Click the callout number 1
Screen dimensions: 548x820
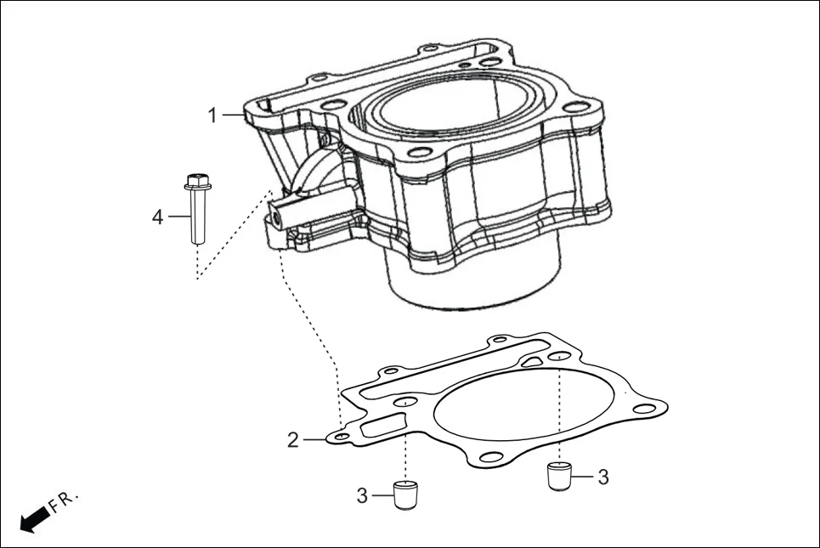(x=213, y=116)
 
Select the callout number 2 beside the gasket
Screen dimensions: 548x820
(x=292, y=440)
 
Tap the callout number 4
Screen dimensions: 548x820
(x=157, y=218)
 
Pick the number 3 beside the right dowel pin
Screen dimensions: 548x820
(x=602, y=477)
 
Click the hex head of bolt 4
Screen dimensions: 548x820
(x=196, y=181)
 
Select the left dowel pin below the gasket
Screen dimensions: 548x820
(x=407, y=493)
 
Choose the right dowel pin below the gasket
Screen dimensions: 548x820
(x=557, y=476)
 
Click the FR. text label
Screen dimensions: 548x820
(x=64, y=500)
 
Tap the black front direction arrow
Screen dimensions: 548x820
(x=33, y=519)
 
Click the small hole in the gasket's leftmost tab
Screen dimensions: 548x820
(x=341, y=436)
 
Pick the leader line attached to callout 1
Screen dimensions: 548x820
(x=235, y=115)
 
